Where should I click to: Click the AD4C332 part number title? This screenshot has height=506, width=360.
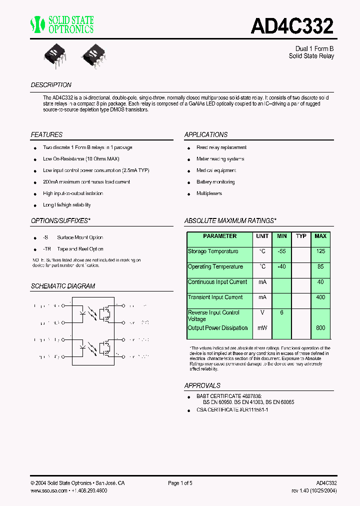(x=292, y=26)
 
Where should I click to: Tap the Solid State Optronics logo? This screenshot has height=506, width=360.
(x=62, y=24)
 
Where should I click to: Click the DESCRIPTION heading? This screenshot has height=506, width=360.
(x=51, y=85)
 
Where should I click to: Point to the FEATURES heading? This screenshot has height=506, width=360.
(x=46, y=135)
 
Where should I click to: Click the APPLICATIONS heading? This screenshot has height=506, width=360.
(x=206, y=135)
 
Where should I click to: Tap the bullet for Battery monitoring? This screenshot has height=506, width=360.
(x=189, y=182)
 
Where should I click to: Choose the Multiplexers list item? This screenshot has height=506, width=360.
(x=209, y=193)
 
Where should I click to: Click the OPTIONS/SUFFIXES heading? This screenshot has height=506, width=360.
(x=60, y=220)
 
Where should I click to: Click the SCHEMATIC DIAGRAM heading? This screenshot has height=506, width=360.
(x=63, y=286)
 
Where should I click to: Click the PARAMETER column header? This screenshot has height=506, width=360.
(x=220, y=236)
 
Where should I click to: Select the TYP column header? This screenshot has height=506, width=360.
(x=301, y=236)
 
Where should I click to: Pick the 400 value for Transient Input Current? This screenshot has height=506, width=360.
(x=320, y=297)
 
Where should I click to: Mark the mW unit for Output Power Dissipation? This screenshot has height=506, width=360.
(x=262, y=328)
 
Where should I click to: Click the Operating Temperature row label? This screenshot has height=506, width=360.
(x=215, y=267)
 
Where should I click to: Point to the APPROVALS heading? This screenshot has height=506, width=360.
(x=202, y=386)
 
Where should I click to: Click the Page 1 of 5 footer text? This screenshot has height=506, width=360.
(x=180, y=483)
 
